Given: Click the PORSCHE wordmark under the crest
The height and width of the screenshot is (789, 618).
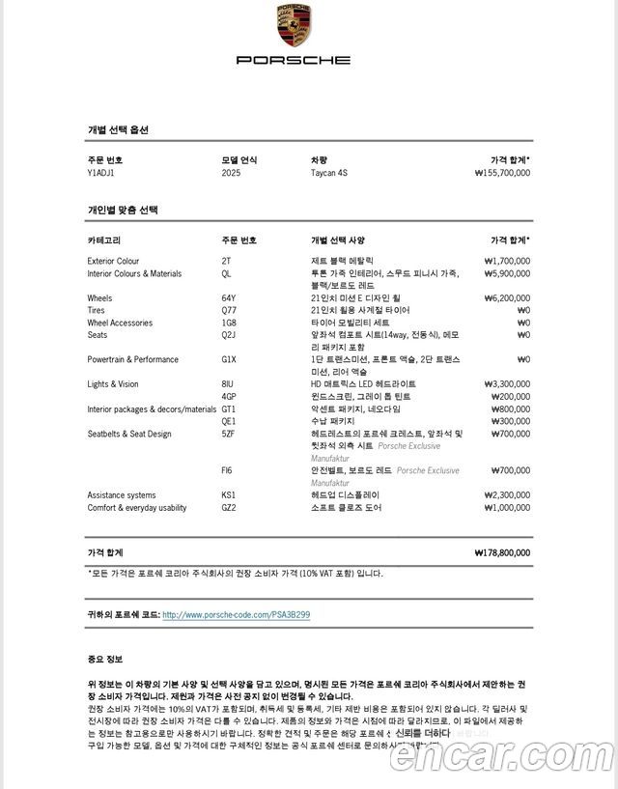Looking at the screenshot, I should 294,60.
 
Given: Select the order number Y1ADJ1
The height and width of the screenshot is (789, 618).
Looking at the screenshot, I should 100,173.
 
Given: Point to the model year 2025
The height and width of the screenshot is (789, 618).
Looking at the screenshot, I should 231,173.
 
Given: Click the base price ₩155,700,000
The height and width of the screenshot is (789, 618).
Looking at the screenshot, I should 502,173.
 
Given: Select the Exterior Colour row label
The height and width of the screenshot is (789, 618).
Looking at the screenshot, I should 113,261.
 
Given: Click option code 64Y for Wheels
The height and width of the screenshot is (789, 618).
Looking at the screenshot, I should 229,298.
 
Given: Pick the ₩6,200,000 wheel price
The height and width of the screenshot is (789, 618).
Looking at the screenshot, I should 507,298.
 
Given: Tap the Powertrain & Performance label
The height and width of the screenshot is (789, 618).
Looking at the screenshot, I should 132,359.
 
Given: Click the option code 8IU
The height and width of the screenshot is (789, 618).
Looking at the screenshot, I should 228,384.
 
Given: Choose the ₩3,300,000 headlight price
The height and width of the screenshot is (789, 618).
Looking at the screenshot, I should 507,384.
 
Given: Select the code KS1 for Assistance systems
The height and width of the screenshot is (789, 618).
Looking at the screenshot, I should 229,495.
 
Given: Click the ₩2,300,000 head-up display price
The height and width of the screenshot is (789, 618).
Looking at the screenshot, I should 507,495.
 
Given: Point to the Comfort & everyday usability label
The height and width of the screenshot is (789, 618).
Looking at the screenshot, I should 137,508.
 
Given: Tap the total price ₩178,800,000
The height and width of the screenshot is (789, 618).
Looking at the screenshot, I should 502,553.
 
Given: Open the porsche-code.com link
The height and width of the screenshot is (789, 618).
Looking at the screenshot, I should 236,615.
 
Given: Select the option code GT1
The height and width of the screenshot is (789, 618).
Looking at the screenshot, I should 229,409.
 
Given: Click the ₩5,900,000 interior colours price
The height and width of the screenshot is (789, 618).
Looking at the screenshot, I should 507,273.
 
